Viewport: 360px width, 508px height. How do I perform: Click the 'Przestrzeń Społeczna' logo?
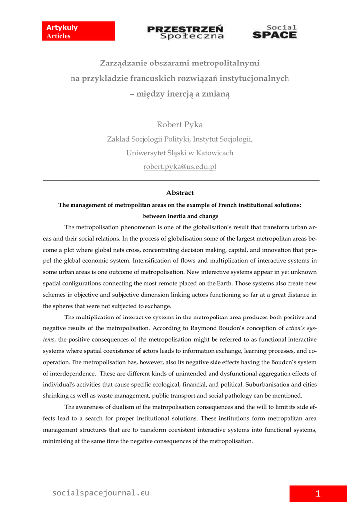click(x=186, y=32)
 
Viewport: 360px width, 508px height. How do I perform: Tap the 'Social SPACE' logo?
click(x=275, y=32)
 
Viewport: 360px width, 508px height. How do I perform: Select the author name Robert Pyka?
click(x=180, y=125)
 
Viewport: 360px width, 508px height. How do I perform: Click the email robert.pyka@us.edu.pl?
click(x=180, y=167)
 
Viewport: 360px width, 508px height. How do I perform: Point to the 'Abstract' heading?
click(x=180, y=193)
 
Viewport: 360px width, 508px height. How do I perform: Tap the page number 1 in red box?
click(x=318, y=493)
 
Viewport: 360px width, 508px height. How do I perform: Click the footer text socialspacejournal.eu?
click(x=101, y=493)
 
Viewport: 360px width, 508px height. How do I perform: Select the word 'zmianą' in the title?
click(x=216, y=93)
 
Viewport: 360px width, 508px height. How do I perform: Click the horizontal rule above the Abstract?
click(x=182, y=180)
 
